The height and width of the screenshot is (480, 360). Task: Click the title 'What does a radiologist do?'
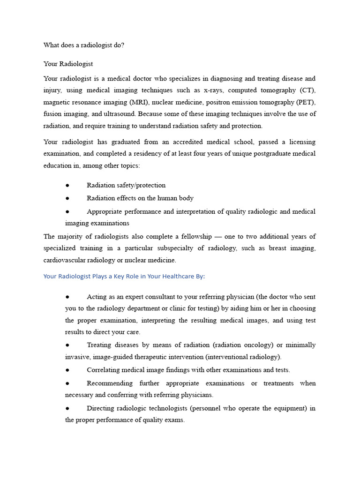click(84, 45)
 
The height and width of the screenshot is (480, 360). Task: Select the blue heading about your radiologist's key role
click(124, 276)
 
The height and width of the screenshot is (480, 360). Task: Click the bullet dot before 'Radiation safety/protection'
click(67, 185)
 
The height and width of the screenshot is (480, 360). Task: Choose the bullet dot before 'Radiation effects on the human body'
click(67, 198)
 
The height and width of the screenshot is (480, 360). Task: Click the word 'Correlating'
click(105, 370)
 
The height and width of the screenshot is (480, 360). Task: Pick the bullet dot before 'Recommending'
click(67, 383)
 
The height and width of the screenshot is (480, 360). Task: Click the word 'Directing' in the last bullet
click(102, 408)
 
